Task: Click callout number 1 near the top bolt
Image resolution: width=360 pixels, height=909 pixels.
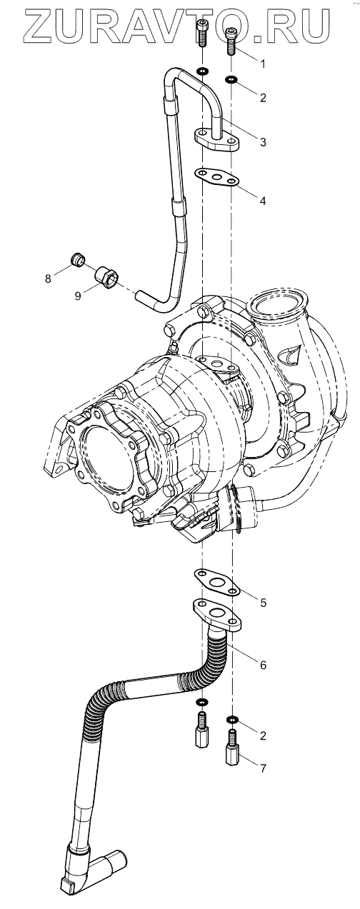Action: (263, 64)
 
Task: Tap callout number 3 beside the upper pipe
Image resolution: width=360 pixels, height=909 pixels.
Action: (263, 142)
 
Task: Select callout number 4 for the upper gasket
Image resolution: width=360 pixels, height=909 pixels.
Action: (263, 201)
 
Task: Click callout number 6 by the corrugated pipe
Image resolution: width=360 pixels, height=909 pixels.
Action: (263, 665)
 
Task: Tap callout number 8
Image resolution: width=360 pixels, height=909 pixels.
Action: (48, 278)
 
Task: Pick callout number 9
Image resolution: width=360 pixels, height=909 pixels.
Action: (78, 296)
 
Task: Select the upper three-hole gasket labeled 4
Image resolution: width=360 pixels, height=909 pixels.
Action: (216, 177)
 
